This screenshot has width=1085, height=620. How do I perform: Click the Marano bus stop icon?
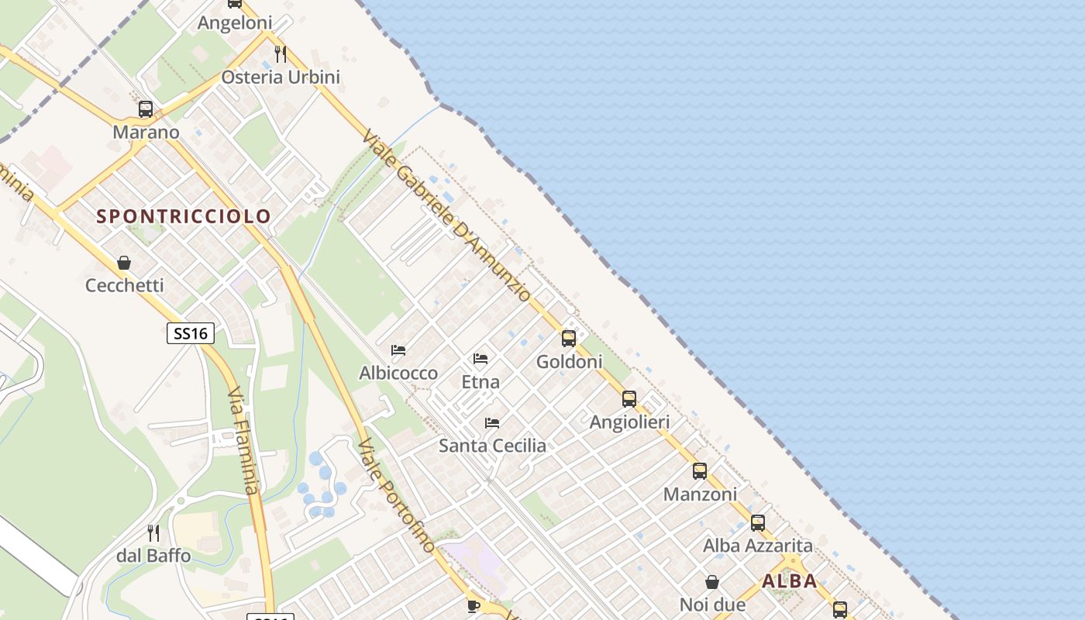[x=146, y=109]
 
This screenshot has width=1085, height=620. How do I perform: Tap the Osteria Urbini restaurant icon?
[x=281, y=54]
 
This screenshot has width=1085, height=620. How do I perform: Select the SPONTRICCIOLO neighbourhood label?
[x=184, y=216]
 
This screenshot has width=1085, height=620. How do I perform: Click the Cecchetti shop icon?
[x=124, y=263]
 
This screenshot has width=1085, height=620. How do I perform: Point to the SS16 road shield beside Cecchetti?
[x=191, y=333]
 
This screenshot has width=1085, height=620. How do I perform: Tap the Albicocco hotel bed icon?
[x=398, y=350]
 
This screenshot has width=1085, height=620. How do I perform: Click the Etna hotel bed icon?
[x=480, y=359]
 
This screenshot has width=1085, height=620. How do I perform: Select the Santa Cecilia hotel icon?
[x=492, y=423]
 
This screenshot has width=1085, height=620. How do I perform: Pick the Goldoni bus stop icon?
[x=569, y=339]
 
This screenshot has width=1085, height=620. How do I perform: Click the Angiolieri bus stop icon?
[x=629, y=399]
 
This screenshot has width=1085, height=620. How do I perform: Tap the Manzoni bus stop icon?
[x=700, y=471]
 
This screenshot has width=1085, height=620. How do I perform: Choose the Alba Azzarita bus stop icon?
[x=758, y=523]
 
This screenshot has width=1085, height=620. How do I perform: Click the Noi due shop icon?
[x=712, y=582]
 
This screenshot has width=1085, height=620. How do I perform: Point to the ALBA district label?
[x=790, y=581]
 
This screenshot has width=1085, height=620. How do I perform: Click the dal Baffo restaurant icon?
[x=153, y=533]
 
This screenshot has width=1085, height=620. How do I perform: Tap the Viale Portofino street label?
[x=396, y=496]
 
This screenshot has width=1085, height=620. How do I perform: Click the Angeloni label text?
[x=235, y=23]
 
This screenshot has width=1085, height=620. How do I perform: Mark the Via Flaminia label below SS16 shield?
[x=243, y=442]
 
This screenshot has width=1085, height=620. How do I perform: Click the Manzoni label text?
[x=700, y=494]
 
